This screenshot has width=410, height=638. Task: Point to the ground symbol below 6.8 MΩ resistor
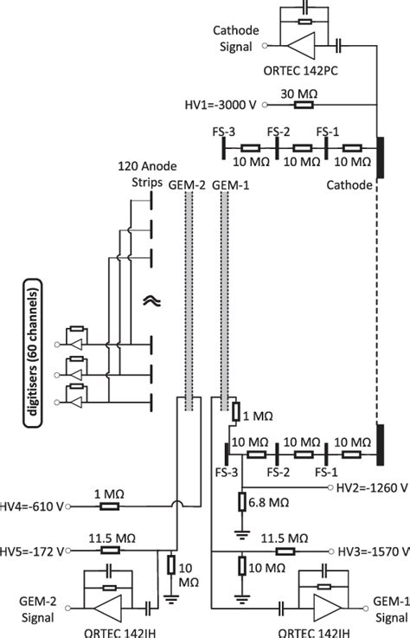(243, 527)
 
